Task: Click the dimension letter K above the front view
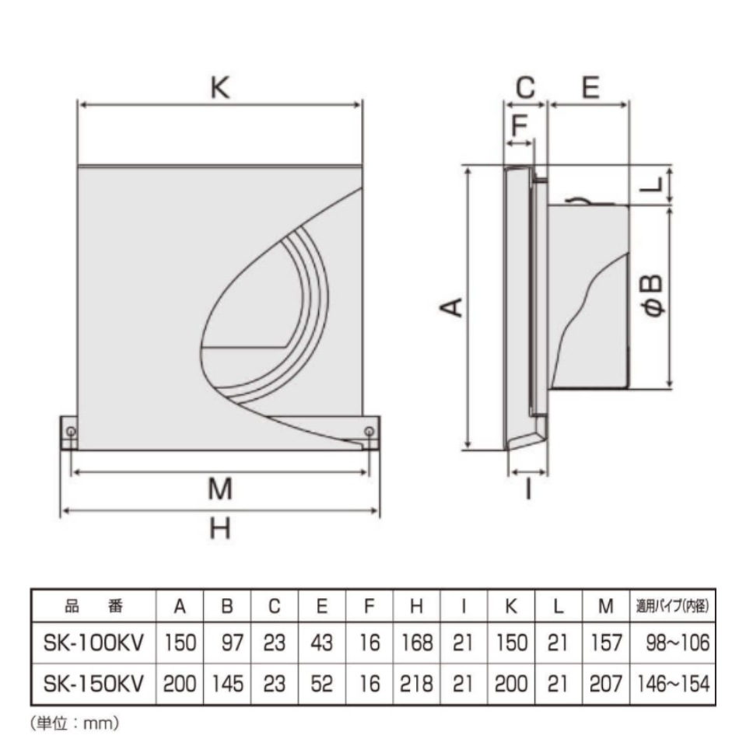(x=219, y=87)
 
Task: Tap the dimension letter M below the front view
(x=220, y=489)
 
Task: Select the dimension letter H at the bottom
(x=220, y=528)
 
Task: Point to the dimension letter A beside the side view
(x=451, y=307)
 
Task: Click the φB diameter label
(x=653, y=296)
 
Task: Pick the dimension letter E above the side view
(x=590, y=87)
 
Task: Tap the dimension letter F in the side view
(x=519, y=125)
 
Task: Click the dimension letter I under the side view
(x=528, y=489)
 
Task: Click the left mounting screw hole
(x=71, y=431)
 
